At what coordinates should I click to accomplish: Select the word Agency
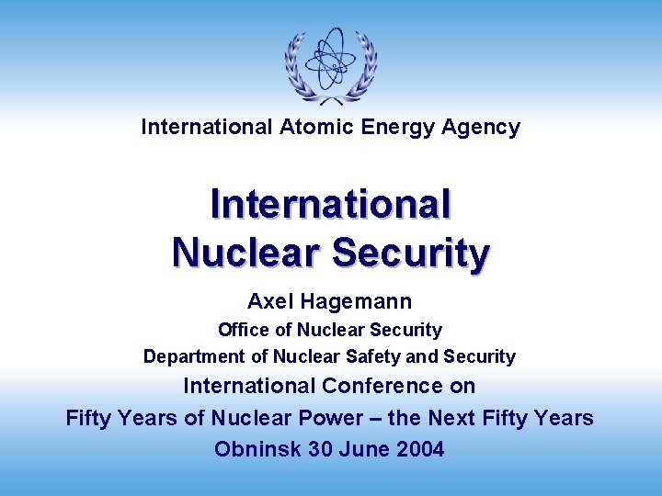[481, 128]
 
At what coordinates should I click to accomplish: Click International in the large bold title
[331, 204]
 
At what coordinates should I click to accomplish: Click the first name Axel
[268, 301]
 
